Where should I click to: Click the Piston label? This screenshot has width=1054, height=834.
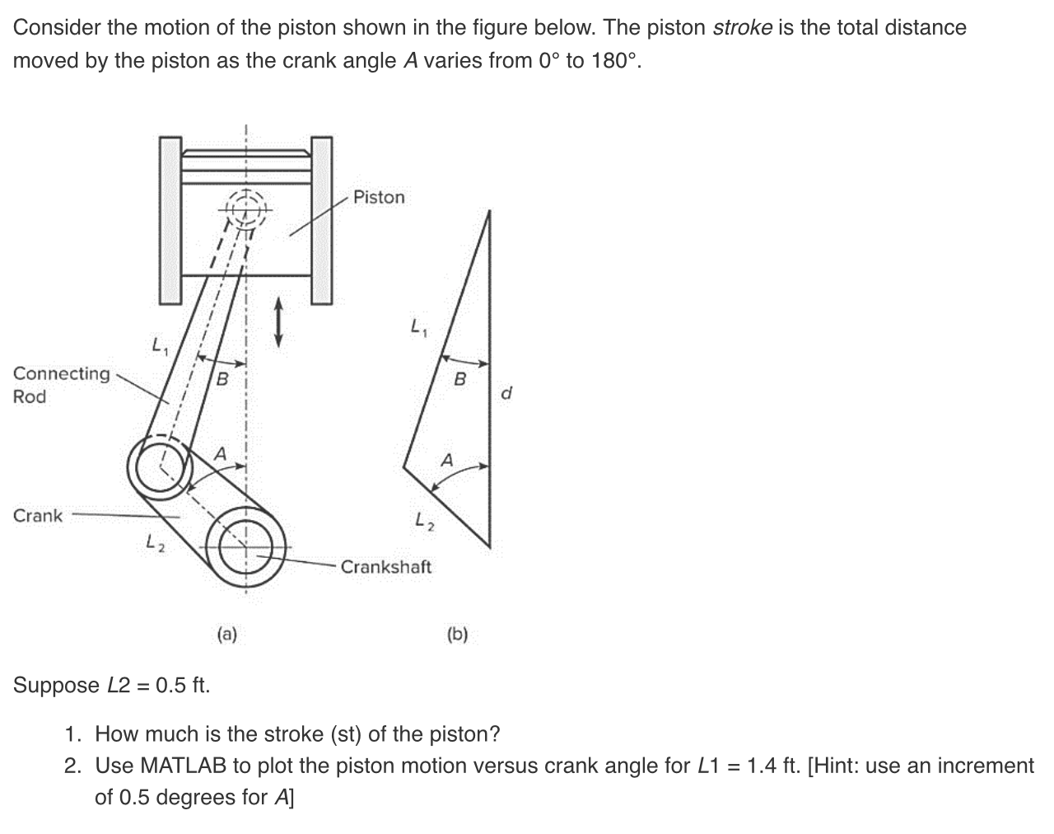pyautogui.click(x=379, y=197)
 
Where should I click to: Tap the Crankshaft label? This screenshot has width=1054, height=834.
pyautogui.click(x=385, y=567)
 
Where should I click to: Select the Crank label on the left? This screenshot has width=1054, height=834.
pyautogui.click(x=38, y=516)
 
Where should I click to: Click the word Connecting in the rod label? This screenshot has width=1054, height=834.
pyautogui.click(x=62, y=374)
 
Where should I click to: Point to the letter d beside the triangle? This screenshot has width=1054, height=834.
pyautogui.click(x=506, y=393)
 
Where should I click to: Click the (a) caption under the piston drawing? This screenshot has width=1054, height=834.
pyautogui.click(x=226, y=634)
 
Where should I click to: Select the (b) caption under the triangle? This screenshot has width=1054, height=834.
pyautogui.click(x=457, y=634)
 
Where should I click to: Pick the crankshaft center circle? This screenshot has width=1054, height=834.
pyautogui.click(x=245, y=547)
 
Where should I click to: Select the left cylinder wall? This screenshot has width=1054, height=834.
pyautogui.click(x=169, y=221)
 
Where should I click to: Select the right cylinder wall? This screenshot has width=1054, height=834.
pyautogui.click(x=321, y=221)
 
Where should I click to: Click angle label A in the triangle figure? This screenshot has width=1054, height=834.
pyautogui.click(x=446, y=461)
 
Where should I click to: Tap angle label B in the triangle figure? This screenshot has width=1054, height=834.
pyautogui.click(x=460, y=379)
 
